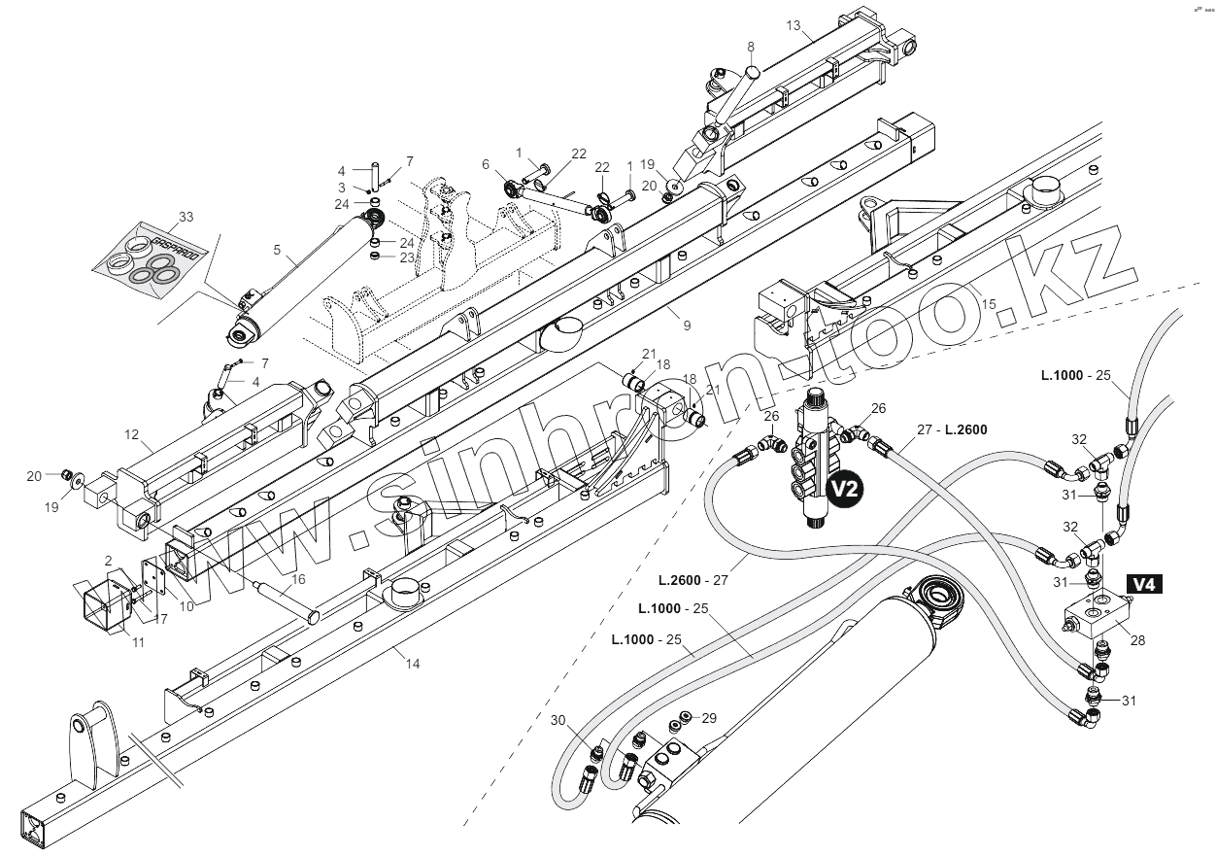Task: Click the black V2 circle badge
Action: pyautogui.click(x=844, y=491)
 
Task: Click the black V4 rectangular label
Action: pyautogui.click(x=1144, y=584)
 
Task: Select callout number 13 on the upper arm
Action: pyautogui.click(x=794, y=26)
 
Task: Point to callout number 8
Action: pyautogui.click(x=751, y=47)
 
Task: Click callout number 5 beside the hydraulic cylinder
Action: pyautogui.click(x=277, y=251)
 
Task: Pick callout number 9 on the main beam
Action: pyautogui.click(x=687, y=326)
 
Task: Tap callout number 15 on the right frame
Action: pyautogui.click(x=989, y=305)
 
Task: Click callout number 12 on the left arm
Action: pyautogui.click(x=132, y=434)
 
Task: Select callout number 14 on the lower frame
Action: pyautogui.click(x=413, y=664)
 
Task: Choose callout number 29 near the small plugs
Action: pyautogui.click(x=709, y=718)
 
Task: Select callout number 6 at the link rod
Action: pyautogui.click(x=486, y=164)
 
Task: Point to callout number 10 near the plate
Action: pyautogui.click(x=186, y=606)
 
